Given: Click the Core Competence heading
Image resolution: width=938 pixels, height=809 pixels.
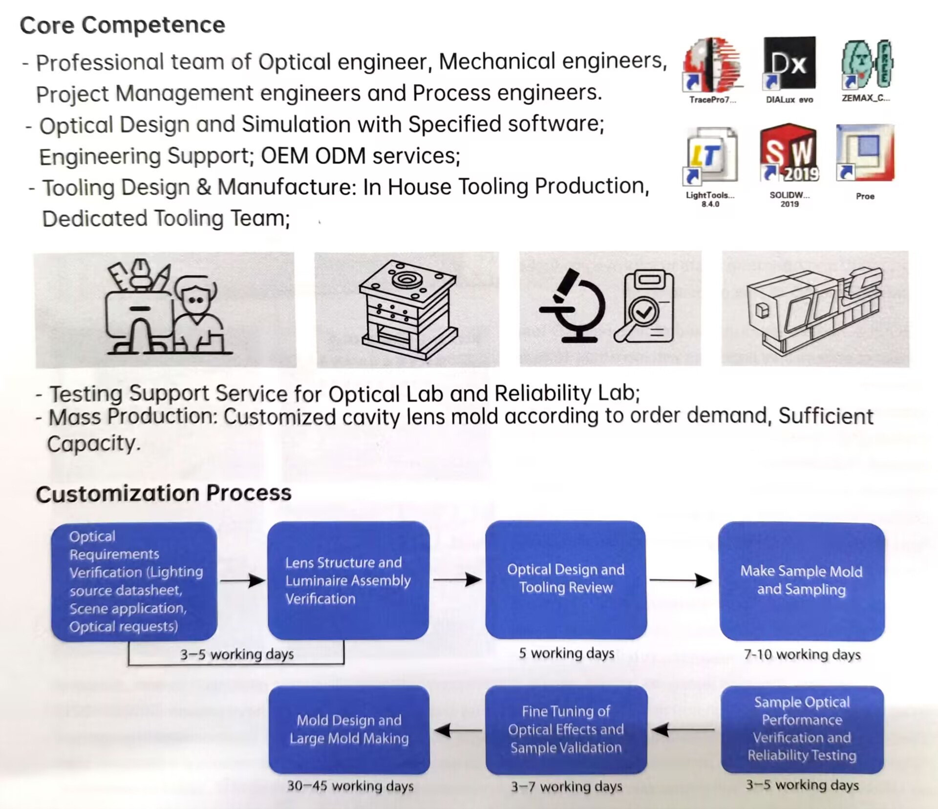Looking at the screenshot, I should point(122,25).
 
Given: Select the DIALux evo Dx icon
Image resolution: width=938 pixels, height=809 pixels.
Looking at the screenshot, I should point(789,64).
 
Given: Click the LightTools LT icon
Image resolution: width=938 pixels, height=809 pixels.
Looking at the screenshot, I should point(711,155).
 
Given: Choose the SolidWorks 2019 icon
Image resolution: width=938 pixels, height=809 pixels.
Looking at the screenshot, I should point(789,152).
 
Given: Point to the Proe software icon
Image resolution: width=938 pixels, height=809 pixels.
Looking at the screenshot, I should point(865,152).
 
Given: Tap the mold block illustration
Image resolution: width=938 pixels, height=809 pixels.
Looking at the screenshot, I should point(408,309).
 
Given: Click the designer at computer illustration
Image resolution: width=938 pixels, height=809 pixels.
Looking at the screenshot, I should point(166,308).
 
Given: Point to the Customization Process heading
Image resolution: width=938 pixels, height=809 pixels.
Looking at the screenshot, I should point(164,493).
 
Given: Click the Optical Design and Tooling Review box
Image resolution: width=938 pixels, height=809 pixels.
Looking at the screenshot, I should point(566,579).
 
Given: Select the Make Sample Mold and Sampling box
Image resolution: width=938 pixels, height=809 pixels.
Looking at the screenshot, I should point(801,581).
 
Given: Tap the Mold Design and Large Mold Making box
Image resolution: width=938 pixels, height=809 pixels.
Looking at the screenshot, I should point(349,729).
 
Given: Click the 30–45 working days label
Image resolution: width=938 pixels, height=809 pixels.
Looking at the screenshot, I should point(350,786).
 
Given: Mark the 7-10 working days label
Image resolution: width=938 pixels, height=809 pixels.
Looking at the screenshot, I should point(802,655).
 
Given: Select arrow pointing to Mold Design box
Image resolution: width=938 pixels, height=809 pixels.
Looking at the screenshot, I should point(457,730).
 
